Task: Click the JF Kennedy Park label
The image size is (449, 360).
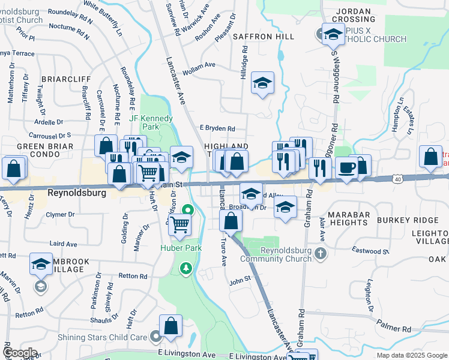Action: pos(151,122)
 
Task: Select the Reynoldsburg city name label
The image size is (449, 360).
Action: pos(77,193)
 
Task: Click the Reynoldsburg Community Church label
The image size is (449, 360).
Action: pos(276,254)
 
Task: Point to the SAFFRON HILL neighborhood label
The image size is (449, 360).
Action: pos(268,37)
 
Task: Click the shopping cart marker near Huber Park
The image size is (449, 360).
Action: pos(179,226)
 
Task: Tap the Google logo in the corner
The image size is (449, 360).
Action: pos(20,353)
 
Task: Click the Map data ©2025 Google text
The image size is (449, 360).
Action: pos(412,355)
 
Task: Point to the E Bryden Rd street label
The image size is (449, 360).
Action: pos(217,128)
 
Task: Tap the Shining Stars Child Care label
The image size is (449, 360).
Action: pos(102,337)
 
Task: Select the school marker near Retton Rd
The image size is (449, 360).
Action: pos(41,264)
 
